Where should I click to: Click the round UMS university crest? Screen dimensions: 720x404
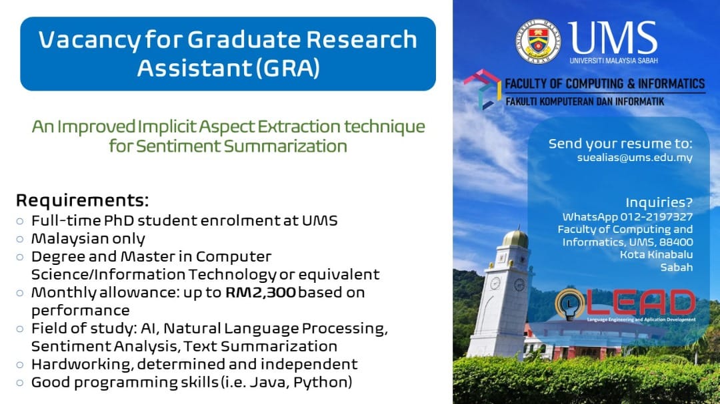(x=538, y=41)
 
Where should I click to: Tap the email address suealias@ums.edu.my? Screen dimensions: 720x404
(x=635, y=158)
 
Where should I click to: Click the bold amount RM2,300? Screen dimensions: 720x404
(x=261, y=293)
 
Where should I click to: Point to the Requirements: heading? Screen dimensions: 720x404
(x=83, y=200)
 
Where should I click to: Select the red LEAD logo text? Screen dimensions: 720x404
(x=642, y=303)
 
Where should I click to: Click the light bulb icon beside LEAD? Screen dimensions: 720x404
(x=570, y=304)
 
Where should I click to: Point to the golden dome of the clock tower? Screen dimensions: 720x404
(x=515, y=239)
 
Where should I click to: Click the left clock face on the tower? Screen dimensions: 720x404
(x=495, y=284)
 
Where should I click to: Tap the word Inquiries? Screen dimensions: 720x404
(x=659, y=203)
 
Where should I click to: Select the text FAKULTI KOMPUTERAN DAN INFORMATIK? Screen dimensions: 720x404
(x=585, y=101)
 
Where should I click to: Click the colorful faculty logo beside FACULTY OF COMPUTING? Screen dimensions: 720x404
(x=482, y=89)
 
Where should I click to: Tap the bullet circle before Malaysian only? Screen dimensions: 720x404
(x=20, y=239)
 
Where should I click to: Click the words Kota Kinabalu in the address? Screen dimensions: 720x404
(x=656, y=254)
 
